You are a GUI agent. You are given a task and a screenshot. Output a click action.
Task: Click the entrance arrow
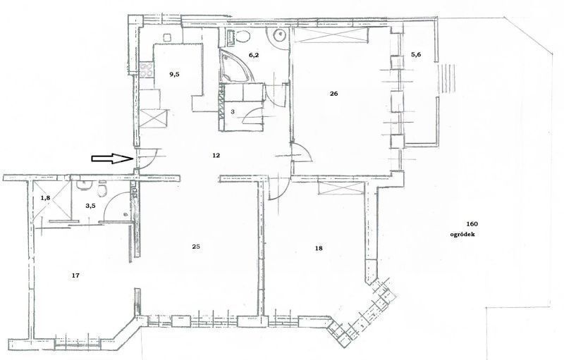tap(112, 159)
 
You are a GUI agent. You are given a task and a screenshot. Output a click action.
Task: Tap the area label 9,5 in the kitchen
tap(174, 75)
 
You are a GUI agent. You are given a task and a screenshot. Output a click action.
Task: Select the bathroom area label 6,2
tap(254, 55)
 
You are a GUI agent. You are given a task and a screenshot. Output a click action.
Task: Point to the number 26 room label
tap(333, 94)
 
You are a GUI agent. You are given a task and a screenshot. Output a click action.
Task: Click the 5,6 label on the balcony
tap(416, 55)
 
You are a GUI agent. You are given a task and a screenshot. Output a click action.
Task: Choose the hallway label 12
tap(216, 156)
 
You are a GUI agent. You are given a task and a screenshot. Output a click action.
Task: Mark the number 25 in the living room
tap(196, 247)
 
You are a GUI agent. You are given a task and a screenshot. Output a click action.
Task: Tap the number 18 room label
tap(319, 248)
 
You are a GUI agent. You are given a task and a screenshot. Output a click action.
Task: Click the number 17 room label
tap(75, 275)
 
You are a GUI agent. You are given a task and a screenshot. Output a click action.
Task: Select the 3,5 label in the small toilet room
tap(91, 206)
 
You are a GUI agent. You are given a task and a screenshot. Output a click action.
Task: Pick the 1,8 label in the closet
tap(45, 197)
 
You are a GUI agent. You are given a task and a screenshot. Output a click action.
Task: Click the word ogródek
tap(462, 235)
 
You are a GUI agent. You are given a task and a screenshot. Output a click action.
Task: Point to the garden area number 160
tap(472, 224)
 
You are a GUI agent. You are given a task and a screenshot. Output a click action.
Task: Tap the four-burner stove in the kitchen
tap(147, 70)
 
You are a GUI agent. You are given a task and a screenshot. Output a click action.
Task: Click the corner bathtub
tap(235, 66)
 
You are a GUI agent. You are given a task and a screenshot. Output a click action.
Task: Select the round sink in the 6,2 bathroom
tap(279, 35)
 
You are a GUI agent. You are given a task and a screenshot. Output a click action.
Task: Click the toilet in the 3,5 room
tap(102, 190)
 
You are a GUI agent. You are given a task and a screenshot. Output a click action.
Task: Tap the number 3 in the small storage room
tap(233, 112)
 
